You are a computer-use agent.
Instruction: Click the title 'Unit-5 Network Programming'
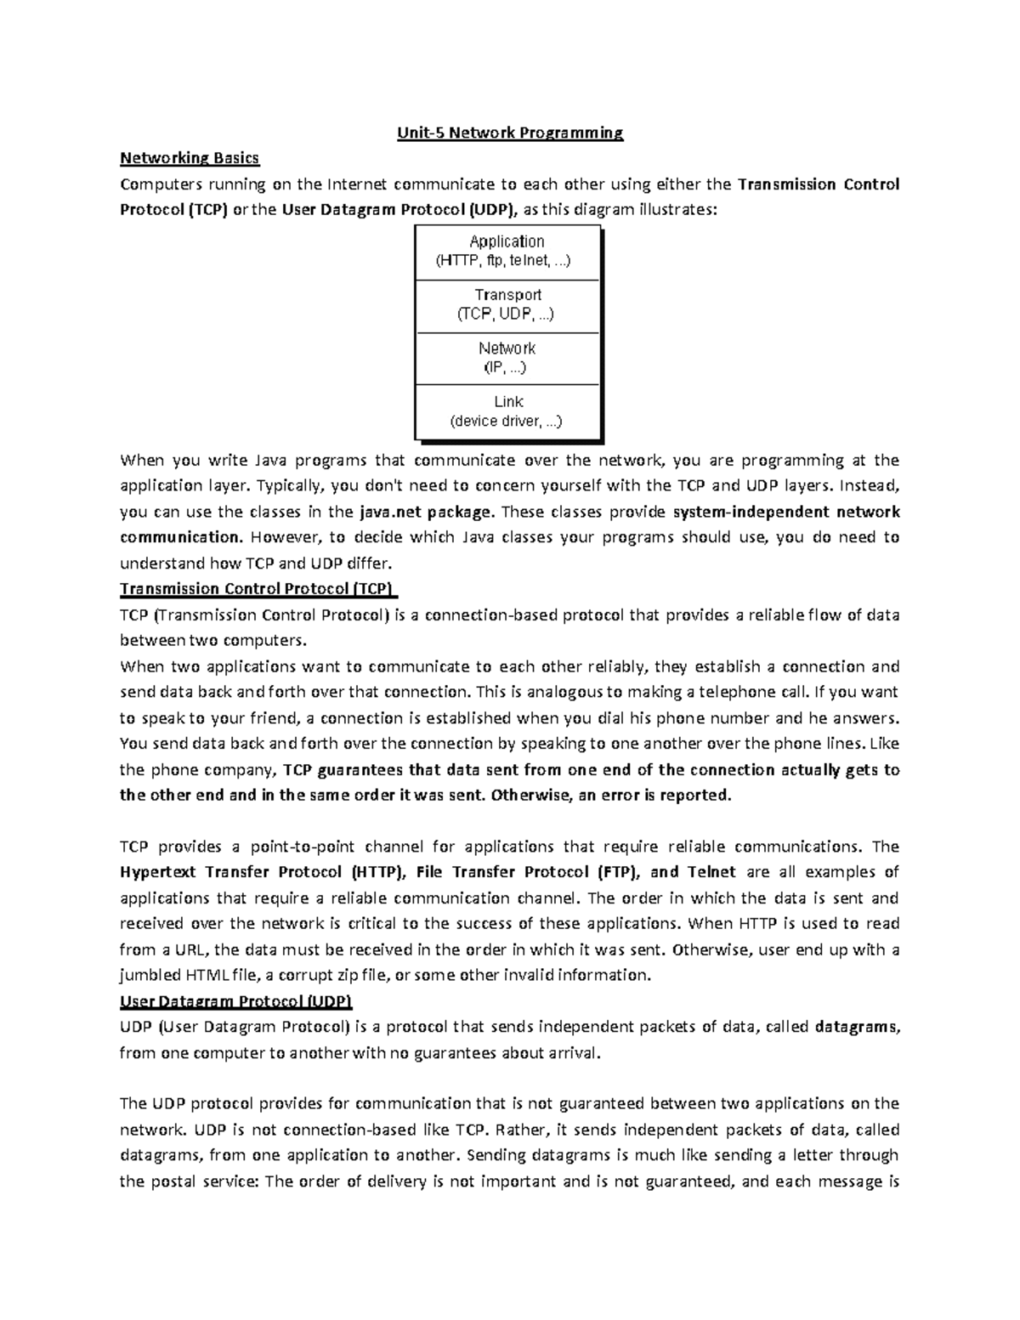(x=510, y=133)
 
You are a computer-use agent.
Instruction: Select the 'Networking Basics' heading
(x=190, y=158)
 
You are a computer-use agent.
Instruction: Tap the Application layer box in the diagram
(x=507, y=252)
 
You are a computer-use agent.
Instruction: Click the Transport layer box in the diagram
(x=507, y=305)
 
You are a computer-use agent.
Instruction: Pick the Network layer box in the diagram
(x=507, y=358)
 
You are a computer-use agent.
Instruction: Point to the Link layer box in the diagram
(x=507, y=411)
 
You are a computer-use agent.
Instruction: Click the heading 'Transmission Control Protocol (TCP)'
(x=259, y=589)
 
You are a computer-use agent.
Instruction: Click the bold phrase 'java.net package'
(x=425, y=512)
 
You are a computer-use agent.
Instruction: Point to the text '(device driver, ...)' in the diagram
(x=506, y=421)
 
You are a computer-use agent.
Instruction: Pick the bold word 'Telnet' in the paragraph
(x=711, y=872)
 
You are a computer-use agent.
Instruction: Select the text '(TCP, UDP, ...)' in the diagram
(x=506, y=314)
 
